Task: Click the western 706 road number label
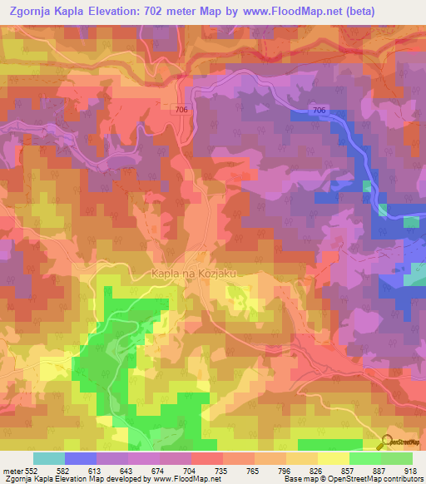click(x=183, y=110)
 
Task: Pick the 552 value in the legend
click(x=32, y=471)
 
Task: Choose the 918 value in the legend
click(x=409, y=471)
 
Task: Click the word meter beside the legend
click(x=11, y=471)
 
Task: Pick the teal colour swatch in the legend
click(x=49, y=458)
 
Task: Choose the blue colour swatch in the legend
click(x=81, y=458)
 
